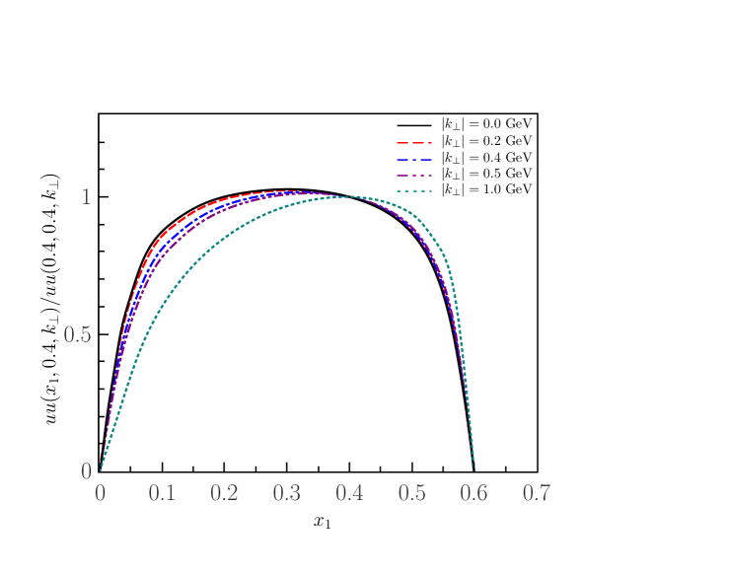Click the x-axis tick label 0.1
point(162,493)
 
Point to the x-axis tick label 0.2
point(224,493)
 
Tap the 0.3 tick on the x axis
point(286,493)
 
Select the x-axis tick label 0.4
point(349,493)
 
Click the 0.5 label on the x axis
point(411,493)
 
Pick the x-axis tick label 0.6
point(474,493)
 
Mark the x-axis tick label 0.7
point(536,493)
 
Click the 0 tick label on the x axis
point(100,493)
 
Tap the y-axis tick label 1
point(86,197)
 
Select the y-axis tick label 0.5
point(77,334)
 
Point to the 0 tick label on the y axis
point(86,471)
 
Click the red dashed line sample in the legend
point(416,142)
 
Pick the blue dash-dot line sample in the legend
point(416,158)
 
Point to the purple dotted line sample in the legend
point(416,174)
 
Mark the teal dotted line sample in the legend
point(416,189)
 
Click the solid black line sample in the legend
point(416,126)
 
